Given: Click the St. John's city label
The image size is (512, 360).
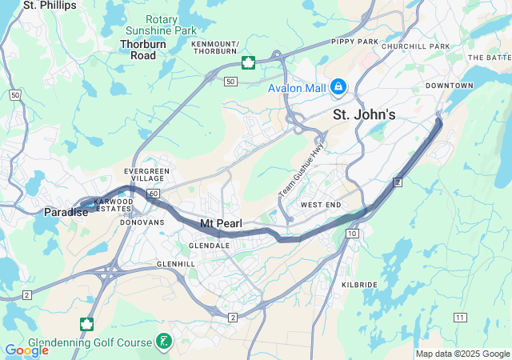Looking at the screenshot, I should pos(364,115).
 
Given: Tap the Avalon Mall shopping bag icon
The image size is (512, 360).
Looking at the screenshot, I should pos(338,86).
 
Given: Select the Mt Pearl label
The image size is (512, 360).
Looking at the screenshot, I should pos(221,222).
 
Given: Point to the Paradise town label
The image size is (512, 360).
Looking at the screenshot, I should pos(66,212).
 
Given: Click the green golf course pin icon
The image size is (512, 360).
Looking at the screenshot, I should pos(163,342).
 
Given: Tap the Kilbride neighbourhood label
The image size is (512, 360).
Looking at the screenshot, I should pos(359,284).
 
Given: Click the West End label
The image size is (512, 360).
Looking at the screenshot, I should pos(321,206).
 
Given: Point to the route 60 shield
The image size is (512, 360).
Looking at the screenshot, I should pos(154,194).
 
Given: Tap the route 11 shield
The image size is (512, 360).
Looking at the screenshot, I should pos(459,318).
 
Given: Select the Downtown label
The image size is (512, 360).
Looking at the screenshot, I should pos(446,85).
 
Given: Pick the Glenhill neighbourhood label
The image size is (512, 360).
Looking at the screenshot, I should pos(176,263).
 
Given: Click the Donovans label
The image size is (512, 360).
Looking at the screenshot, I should pos(144,222).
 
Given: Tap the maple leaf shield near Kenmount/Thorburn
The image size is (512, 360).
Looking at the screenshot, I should pos(248,62).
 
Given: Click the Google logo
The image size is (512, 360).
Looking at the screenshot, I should pos(26,350).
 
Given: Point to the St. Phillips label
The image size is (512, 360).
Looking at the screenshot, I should pos(50,6).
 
